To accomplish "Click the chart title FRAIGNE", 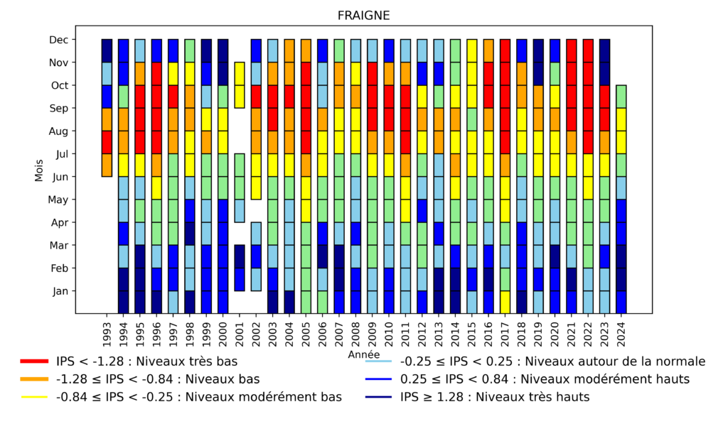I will pyautogui.click(x=363, y=15).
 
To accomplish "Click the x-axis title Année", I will pyautogui.click(x=363, y=354).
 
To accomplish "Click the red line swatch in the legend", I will pyautogui.click(x=34, y=361).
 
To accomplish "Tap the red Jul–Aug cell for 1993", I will pyautogui.click(x=107, y=142).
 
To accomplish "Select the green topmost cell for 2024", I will pyautogui.click(x=621, y=97).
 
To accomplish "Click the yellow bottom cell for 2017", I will pyautogui.click(x=505, y=302).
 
